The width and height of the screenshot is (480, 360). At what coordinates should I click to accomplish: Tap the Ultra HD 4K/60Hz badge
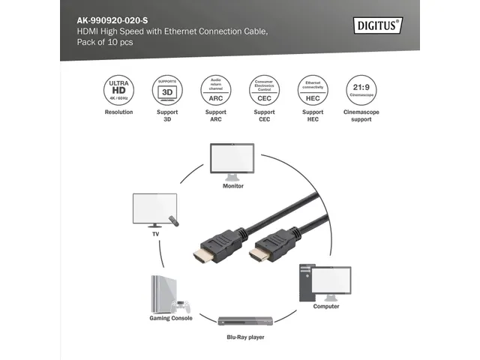point(118,89)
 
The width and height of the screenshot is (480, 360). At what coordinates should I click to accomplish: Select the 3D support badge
point(167,89)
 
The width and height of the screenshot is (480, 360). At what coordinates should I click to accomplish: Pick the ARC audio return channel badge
point(216,89)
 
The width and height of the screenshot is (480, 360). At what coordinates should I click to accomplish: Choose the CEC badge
point(265,89)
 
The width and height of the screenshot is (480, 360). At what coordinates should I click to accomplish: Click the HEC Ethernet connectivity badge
point(313,89)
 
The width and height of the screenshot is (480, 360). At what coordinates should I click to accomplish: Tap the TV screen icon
point(154,208)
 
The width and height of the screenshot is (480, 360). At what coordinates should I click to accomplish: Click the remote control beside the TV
point(175,222)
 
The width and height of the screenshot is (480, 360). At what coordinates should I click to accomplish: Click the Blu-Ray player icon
point(246,321)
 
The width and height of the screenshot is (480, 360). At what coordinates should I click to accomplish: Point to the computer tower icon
point(306,282)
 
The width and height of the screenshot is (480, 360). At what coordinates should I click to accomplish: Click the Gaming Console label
point(166,318)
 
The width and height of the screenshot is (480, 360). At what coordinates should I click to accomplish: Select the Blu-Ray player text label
point(246,337)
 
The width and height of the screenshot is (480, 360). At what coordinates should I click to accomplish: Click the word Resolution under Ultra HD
point(118,112)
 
